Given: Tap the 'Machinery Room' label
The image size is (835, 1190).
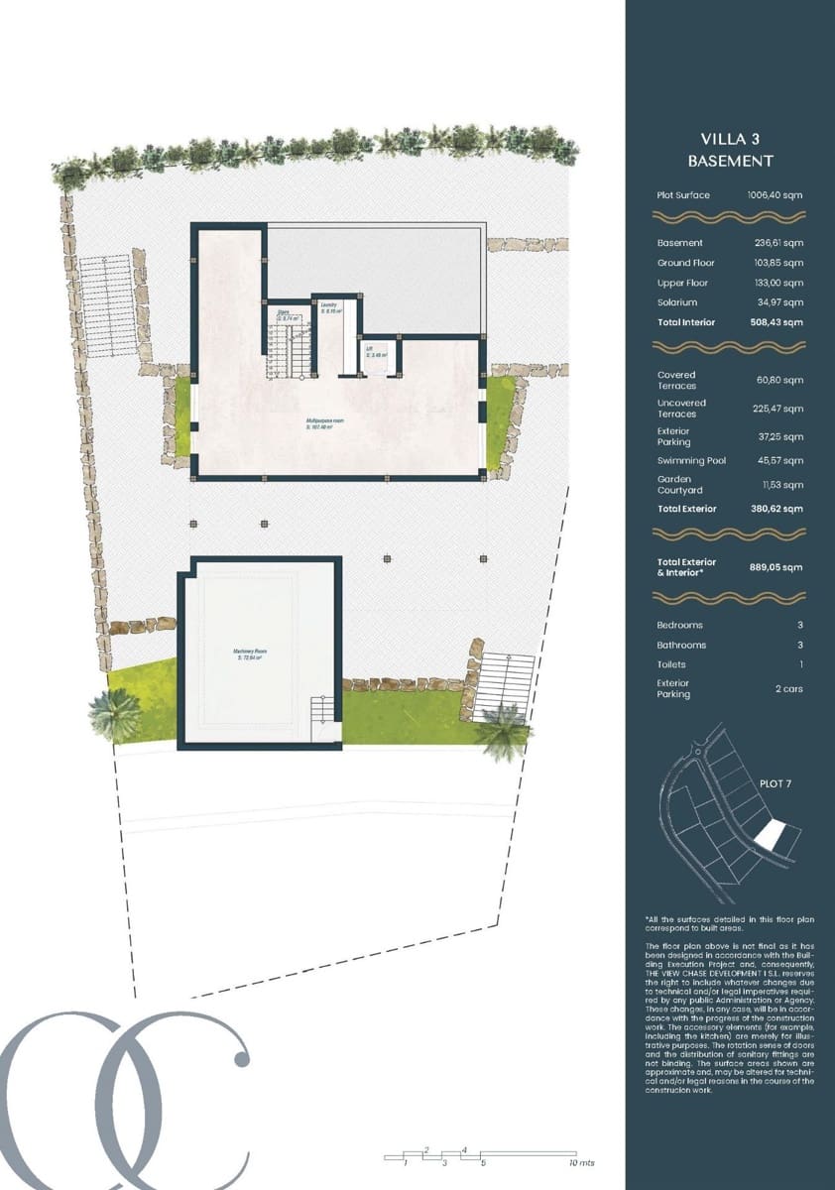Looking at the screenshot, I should click(x=250, y=653).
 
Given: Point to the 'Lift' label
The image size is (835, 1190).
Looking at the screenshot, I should click(x=369, y=350).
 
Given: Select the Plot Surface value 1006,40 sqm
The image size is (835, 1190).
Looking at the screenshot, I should click(x=775, y=195).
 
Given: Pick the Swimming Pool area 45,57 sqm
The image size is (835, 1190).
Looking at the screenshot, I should click(x=778, y=461).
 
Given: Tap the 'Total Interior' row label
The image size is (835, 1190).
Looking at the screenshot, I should click(x=684, y=322).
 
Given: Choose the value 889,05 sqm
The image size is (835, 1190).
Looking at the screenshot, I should click(x=775, y=566).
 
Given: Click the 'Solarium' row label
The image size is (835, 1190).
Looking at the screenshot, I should click(x=676, y=302).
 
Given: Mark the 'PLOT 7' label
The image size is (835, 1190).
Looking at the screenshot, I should click(x=776, y=783).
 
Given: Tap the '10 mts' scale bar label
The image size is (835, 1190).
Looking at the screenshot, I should click(x=581, y=1162).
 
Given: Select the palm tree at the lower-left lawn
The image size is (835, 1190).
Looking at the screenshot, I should click(x=115, y=712).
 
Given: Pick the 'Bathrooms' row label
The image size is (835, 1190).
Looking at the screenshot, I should click(x=681, y=646).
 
